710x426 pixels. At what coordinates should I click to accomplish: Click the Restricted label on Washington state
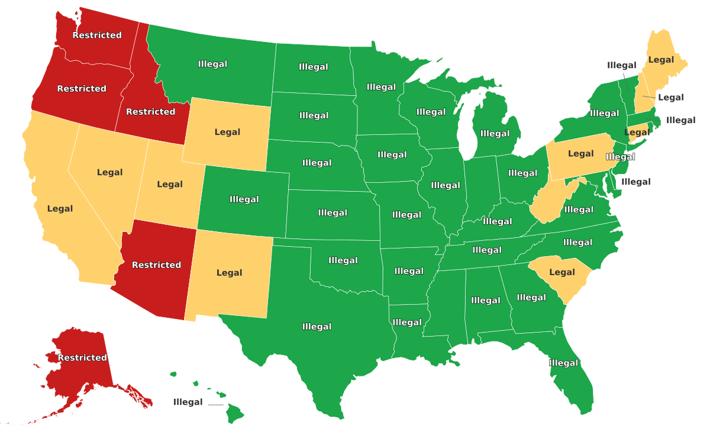point(97,35)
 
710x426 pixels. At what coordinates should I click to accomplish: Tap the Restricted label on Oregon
point(82,89)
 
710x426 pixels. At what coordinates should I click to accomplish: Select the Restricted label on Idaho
point(150,111)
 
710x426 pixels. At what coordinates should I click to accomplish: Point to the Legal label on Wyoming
point(227,132)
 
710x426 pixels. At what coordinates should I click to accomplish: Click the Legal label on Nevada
point(109,172)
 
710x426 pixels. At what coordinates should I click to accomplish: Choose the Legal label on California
point(60,208)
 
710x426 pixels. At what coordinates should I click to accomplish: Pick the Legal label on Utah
point(170,184)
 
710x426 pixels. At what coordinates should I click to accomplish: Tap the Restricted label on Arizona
point(156,264)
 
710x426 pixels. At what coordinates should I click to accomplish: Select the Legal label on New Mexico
point(229,273)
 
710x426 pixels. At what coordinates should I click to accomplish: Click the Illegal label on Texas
point(317,327)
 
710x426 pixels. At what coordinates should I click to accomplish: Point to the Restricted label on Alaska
point(82,357)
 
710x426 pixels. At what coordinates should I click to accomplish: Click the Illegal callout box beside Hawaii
point(188,402)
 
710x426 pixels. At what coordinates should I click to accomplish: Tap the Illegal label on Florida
point(563,363)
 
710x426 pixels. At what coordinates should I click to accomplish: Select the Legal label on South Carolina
point(562,272)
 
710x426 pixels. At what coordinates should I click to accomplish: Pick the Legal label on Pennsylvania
point(580,154)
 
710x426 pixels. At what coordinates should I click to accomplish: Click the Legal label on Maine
point(661,60)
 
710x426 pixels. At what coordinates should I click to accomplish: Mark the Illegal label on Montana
point(212,64)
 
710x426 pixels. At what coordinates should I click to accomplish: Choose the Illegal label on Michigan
point(495,133)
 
